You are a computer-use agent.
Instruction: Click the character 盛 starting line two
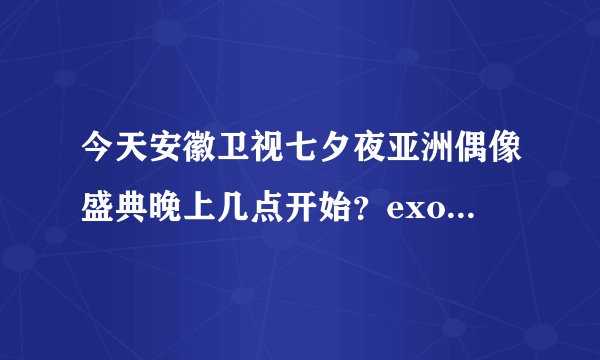(x=99, y=206)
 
